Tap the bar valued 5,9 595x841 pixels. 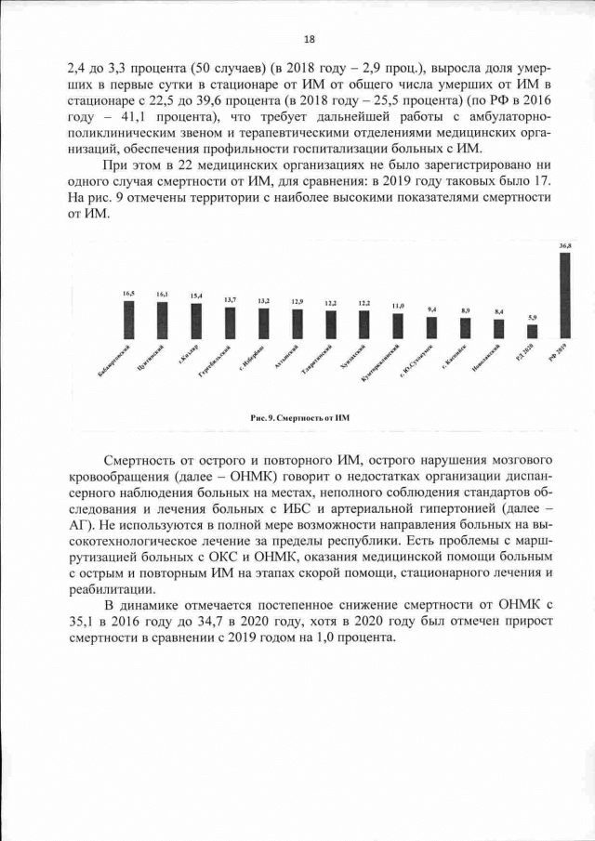point(531,331)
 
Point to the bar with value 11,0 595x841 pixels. point(397,325)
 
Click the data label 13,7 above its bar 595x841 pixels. point(230,299)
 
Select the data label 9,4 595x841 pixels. point(431,309)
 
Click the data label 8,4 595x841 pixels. point(498,311)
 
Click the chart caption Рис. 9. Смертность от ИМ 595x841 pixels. point(297,418)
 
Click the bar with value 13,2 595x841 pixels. point(263,322)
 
